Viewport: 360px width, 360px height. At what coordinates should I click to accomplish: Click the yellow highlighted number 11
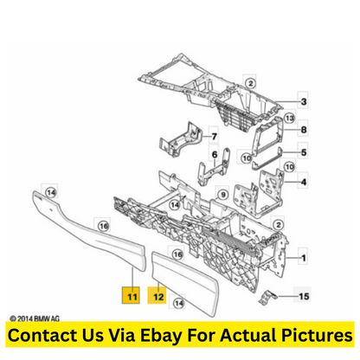[x=132, y=295]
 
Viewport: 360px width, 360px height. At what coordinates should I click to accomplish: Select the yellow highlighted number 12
[x=157, y=295]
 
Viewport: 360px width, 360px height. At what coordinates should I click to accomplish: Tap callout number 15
[x=304, y=296]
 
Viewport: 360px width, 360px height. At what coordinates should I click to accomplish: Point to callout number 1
[x=304, y=257]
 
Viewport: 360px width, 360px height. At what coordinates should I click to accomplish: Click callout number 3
[x=304, y=101]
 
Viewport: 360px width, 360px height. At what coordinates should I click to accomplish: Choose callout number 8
[x=304, y=130]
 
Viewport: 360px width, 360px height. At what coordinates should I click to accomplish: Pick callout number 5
[x=304, y=152]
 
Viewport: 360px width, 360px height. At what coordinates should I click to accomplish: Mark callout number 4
[x=304, y=182]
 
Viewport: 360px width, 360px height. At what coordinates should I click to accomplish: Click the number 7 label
[x=214, y=136]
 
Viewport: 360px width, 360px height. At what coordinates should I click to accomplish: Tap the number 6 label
[x=215, y=155]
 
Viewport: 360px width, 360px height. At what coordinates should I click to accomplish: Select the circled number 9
[x=222, y=195]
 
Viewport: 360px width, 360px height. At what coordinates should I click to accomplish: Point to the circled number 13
[x=289, y=118]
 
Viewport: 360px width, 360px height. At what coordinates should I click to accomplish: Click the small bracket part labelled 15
[x=267, y=298]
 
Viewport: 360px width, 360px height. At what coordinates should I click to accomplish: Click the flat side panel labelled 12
[x=185, y=282]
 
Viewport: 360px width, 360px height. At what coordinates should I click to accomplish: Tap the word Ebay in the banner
[x=161, y=336]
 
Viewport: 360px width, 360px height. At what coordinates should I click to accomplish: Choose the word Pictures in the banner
[x=317, y=335]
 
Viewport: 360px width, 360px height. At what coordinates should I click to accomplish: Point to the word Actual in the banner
[x=248, y=335]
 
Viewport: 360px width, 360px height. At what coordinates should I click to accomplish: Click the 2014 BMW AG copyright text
[x=35, y=318]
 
